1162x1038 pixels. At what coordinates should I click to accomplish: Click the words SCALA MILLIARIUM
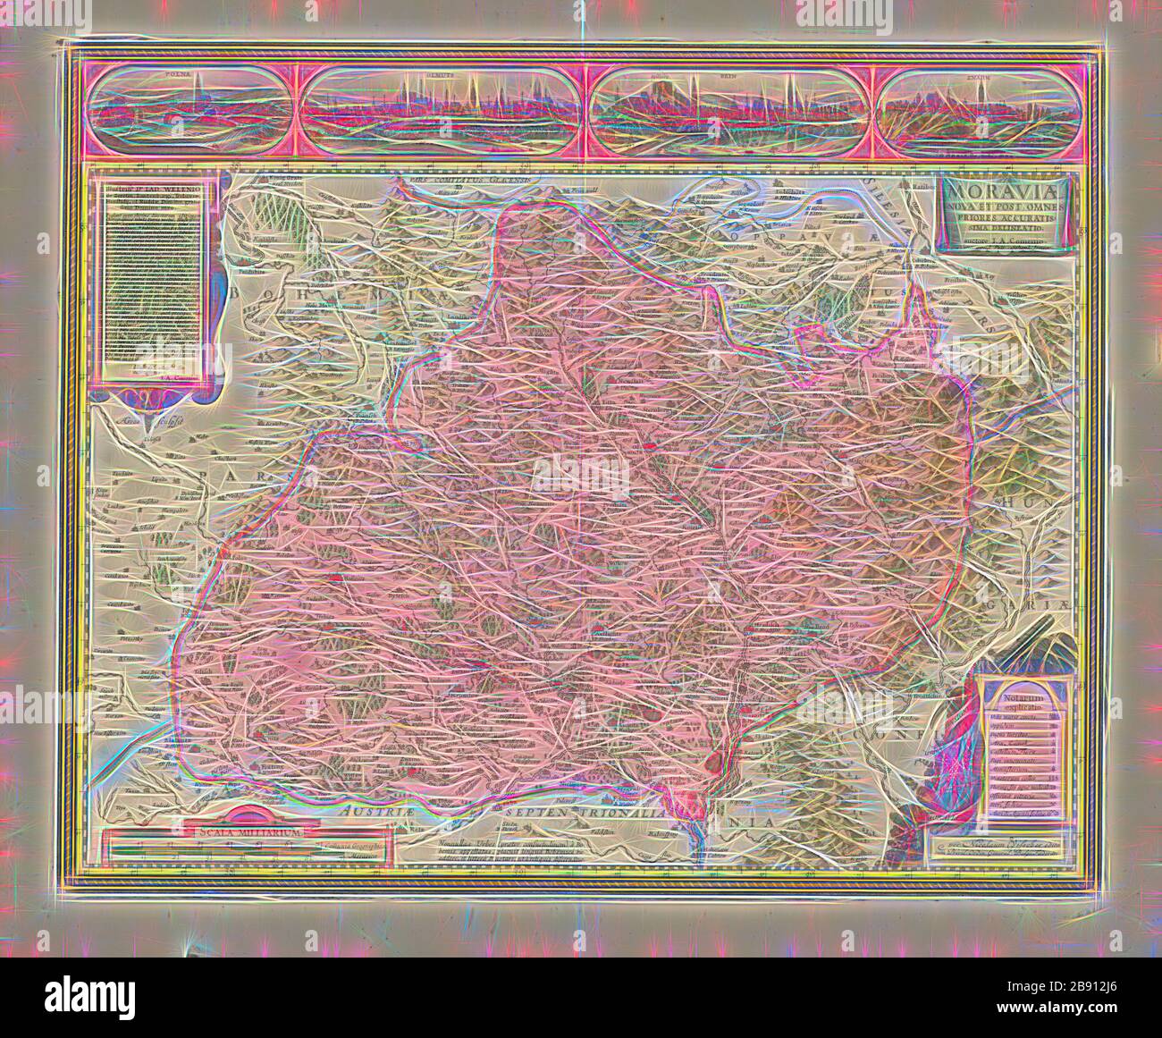246,831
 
